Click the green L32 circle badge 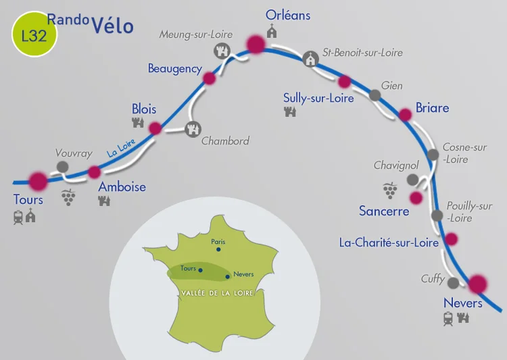pos(34,36)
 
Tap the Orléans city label pos(288,14)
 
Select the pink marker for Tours pos(39,181)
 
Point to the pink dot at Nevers pos(478,284)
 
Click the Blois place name pos(144,109)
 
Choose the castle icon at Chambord pos(193,128)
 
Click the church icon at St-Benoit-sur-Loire pos(310,59)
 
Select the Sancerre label pos(384,211)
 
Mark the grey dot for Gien pos(375,95)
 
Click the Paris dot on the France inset pos(218,249)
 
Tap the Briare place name pos(432,108)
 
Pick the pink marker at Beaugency pos(210,78)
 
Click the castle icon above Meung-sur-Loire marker pos(221,50)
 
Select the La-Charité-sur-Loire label pos(389,241)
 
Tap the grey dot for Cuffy pos(453,283)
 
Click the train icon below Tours pos(18,217)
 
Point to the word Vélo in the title pos(111,26)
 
